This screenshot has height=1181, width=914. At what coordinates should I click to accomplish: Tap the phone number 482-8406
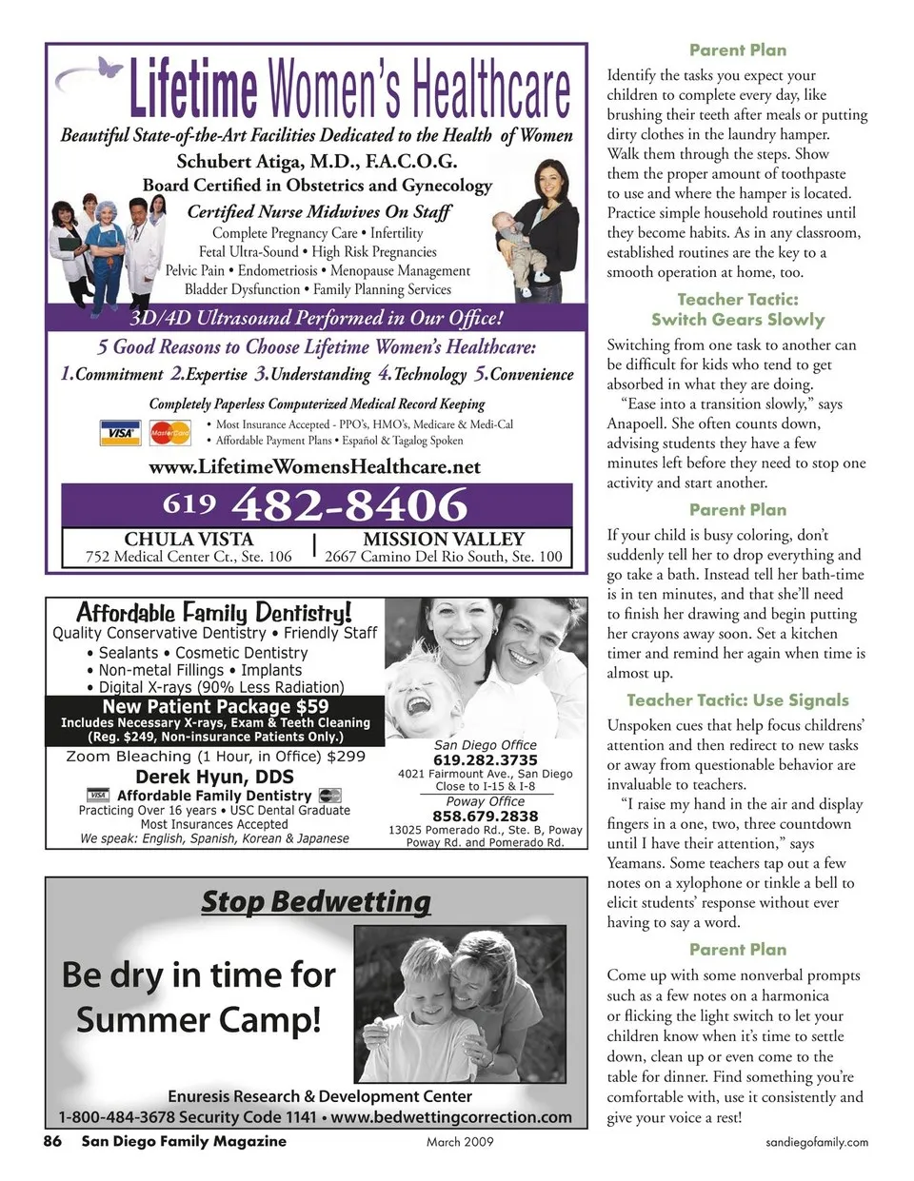[349, 503]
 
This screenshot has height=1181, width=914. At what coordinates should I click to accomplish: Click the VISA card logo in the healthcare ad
[119, 433]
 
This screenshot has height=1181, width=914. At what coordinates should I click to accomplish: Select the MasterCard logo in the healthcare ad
[170, 433]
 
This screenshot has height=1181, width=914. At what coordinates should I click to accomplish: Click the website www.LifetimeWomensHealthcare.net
[314, 466]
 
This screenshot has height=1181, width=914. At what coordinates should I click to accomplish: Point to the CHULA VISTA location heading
[189, 539]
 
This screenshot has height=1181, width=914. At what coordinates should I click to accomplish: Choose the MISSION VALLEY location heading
[443, 539]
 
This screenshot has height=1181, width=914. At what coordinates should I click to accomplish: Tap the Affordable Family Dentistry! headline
[213, 612]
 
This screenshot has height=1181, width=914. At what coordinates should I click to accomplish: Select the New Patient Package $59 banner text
[215, 706]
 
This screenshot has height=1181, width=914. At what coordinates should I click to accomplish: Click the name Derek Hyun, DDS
[214, 777]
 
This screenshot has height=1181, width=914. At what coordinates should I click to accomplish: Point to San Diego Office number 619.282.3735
[485, 759]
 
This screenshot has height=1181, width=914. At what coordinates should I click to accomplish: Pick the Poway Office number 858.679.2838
[485, 816]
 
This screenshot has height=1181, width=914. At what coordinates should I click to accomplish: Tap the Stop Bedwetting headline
[315, 900]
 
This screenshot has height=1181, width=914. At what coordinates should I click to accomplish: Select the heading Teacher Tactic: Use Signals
[737, 699]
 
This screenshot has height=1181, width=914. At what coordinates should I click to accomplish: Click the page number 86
[52, 1141]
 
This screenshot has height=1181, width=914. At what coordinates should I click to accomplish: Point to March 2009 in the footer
[460, 1142]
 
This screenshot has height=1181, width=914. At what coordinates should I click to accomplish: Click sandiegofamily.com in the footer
[817, 1142]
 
